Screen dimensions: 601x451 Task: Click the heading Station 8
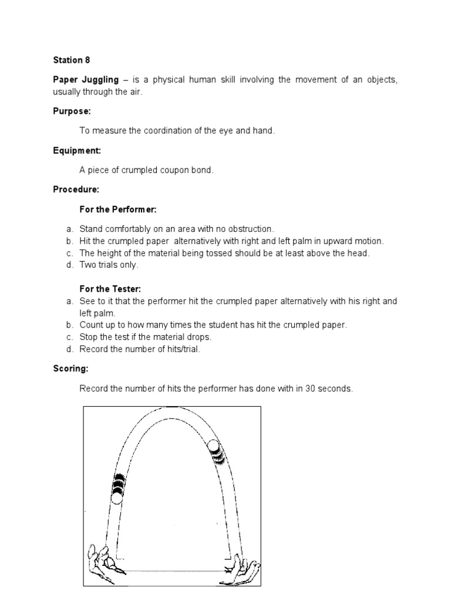[x=72, y=60]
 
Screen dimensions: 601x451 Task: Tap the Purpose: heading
[x=72, y=111]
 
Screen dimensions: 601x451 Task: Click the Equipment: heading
[x=77, y=150]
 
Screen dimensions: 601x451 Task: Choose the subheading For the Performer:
[x=117, y=210]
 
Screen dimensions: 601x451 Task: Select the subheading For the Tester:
[x=110, y=289]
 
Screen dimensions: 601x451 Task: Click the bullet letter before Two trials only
[x=69, y=265]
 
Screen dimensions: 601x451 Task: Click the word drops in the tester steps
[x=198, y=337]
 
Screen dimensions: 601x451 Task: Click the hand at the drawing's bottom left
[x=103, y=562]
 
